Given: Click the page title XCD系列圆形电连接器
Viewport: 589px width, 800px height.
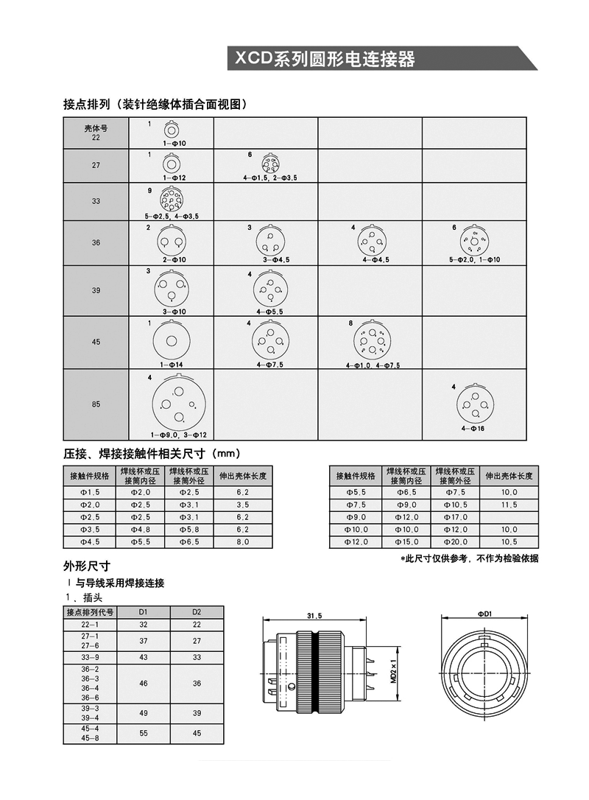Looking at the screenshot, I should [x=325, y=59].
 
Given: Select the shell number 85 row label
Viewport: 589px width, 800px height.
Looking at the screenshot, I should [x=96, y=403].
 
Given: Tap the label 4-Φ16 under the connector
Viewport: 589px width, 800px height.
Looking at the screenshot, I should [x=474, y=428].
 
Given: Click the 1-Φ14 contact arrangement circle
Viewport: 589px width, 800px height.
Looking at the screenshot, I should [x=170, y=342].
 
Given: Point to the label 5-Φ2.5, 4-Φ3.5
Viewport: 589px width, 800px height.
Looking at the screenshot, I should [x=172, y=217].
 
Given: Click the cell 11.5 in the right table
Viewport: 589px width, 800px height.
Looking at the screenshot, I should [x=509, y=505].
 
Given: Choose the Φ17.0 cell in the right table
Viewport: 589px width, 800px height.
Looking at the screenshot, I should [x=456, y=517].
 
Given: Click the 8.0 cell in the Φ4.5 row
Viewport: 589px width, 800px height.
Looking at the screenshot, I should [x=243, y=542].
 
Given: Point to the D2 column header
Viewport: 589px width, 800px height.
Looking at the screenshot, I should [x=197, y=611].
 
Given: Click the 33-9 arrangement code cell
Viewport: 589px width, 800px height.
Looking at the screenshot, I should [x=91, y=657].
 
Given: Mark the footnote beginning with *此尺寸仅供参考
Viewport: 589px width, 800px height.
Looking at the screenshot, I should [x=469, y=558].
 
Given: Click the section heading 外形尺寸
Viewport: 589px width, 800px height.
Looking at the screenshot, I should [x=87, y=566].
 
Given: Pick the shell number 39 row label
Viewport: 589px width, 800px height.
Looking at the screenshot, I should [x=96, y=290].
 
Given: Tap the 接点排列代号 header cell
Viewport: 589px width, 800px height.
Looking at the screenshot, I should [x=91, y=611].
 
